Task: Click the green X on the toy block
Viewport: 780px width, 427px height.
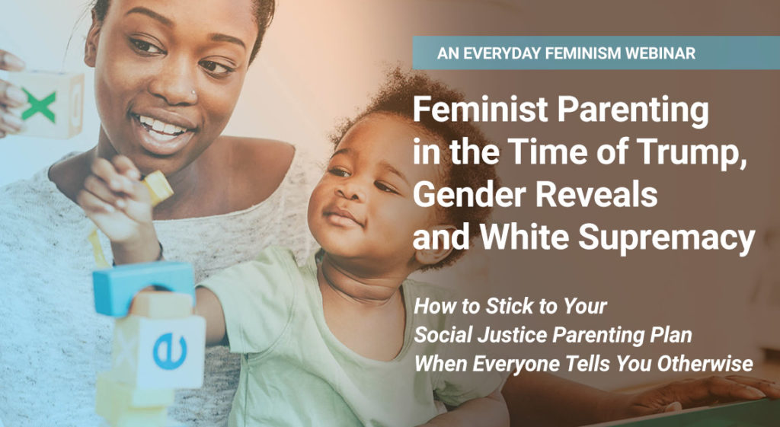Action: coord(38,106)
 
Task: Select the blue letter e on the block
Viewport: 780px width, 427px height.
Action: coord(170,352)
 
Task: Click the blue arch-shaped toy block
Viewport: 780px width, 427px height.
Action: coord(144,287)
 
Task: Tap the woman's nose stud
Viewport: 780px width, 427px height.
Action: coord(193,92)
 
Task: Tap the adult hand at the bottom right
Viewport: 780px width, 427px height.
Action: coord(706,390)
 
